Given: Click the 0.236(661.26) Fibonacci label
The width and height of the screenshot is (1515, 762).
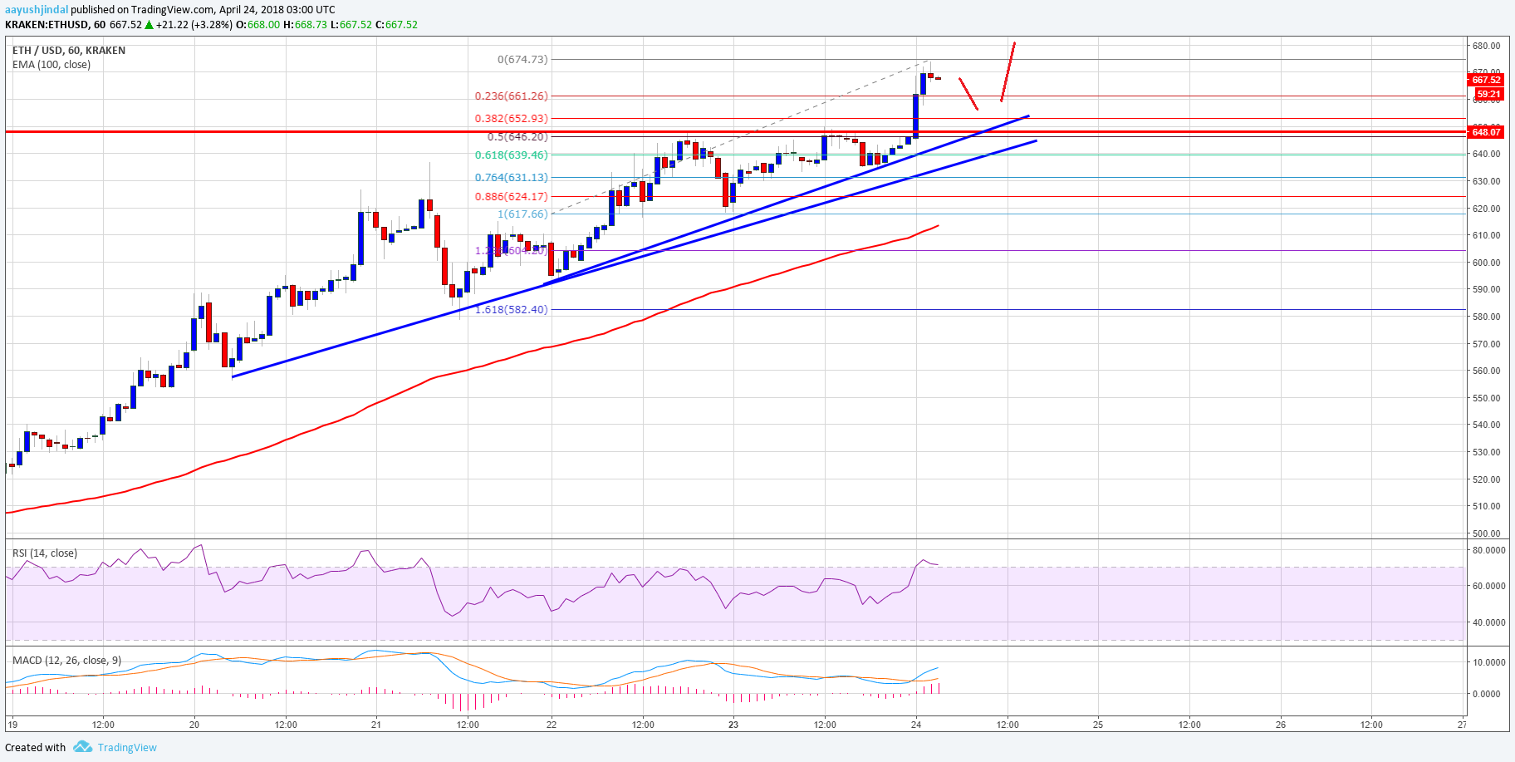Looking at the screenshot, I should [x=511, y=96].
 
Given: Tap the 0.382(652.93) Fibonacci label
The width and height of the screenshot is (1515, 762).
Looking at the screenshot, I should [x=511, y=119].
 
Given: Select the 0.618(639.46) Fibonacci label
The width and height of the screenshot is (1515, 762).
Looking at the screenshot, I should [x=511, y=155].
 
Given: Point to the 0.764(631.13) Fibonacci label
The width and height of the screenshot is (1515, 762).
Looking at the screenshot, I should [x=511, y=178].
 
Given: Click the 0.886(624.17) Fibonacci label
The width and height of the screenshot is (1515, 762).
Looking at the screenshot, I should [x=511, y=197].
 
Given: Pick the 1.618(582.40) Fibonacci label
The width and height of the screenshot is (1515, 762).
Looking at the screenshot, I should [x=511, y=310].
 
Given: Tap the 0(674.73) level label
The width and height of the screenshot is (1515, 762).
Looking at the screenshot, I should [x=522, y=60].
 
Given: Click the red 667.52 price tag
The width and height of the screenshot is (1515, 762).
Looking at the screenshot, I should [x=1486, y=80].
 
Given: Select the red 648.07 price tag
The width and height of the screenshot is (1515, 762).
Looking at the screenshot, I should [x=1486, y=132].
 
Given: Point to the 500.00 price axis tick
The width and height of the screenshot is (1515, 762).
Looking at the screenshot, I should [x=1486, y=533].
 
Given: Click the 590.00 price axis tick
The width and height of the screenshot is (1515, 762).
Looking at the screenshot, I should [x=1486, y=290].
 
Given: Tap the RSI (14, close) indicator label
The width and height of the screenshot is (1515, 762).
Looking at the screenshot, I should [x=44, y=553].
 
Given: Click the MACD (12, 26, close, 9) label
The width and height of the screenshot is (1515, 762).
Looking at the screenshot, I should [x=66, y=661].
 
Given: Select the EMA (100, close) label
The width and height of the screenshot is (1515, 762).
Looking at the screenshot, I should [x=51, y=65].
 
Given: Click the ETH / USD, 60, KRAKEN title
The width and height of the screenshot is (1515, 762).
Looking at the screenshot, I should [x=69, y=51].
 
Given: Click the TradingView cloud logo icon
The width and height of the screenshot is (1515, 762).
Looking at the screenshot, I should [x=82, y=747].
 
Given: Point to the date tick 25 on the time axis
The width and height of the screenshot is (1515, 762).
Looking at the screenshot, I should [x=1098, y=725].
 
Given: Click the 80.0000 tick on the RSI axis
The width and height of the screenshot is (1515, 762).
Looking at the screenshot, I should [x=1488, y=551].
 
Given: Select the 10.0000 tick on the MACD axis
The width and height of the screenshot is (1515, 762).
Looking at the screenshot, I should [x=1488, y=663].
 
